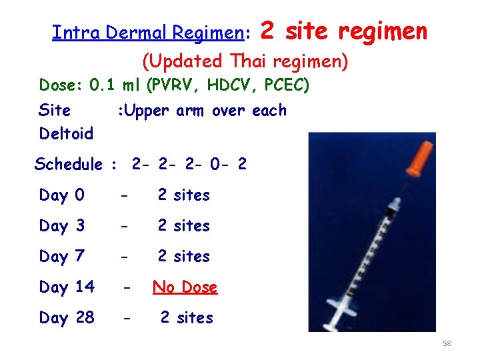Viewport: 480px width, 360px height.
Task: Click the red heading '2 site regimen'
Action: (343, 31)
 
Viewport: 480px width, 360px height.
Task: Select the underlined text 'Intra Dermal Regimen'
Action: (147, 33)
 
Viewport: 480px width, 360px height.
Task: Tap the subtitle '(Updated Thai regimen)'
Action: (245, 61)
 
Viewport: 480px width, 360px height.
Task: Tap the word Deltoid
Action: (66, 134)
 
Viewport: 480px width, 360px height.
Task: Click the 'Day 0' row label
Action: (61, 195)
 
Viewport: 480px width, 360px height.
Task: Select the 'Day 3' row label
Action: (61, 226)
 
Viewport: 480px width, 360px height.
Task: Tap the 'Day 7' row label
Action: (61, 257)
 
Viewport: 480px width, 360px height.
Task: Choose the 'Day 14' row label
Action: (67, 287)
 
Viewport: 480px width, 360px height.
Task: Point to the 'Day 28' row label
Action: (67, 318)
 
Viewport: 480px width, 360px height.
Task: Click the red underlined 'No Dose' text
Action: (185, 287)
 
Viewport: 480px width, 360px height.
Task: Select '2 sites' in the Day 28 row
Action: (187, 318)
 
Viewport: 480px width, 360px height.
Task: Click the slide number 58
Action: (447, 343)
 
